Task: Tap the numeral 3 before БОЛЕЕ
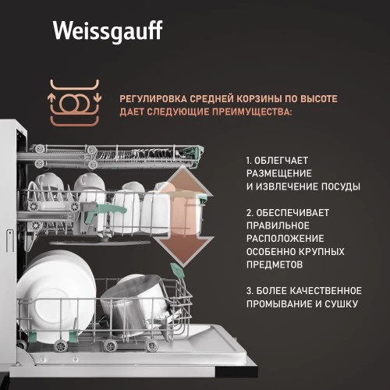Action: tap(248, 290)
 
